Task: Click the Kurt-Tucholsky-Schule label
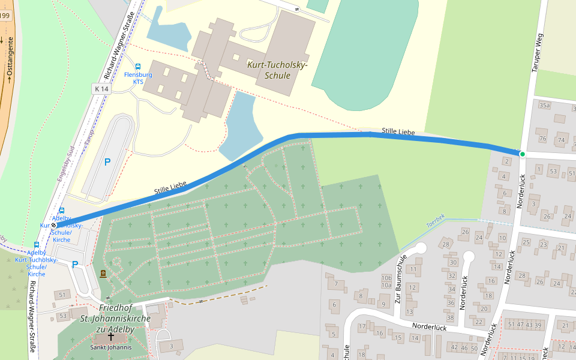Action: tap(277, 70)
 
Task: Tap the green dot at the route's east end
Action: tap(522, 154)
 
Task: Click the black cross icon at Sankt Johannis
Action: tap(110, 337)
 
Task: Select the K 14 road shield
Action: tap(102, 89)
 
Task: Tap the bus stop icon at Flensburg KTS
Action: tap(138, 67)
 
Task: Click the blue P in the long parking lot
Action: tap(107, 161)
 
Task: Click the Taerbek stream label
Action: tap(436, 221)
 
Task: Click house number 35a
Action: tap(544, 106)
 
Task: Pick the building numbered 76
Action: tap(542, 139)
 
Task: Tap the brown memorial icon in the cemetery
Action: tap(103, 274)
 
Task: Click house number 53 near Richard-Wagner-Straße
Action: tap(62, 316)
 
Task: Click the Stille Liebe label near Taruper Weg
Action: tap(398, 131)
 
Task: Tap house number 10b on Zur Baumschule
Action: tap(386, 278)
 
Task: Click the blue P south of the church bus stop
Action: tap(75, 264)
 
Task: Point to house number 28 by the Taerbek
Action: tap(445, 244)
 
